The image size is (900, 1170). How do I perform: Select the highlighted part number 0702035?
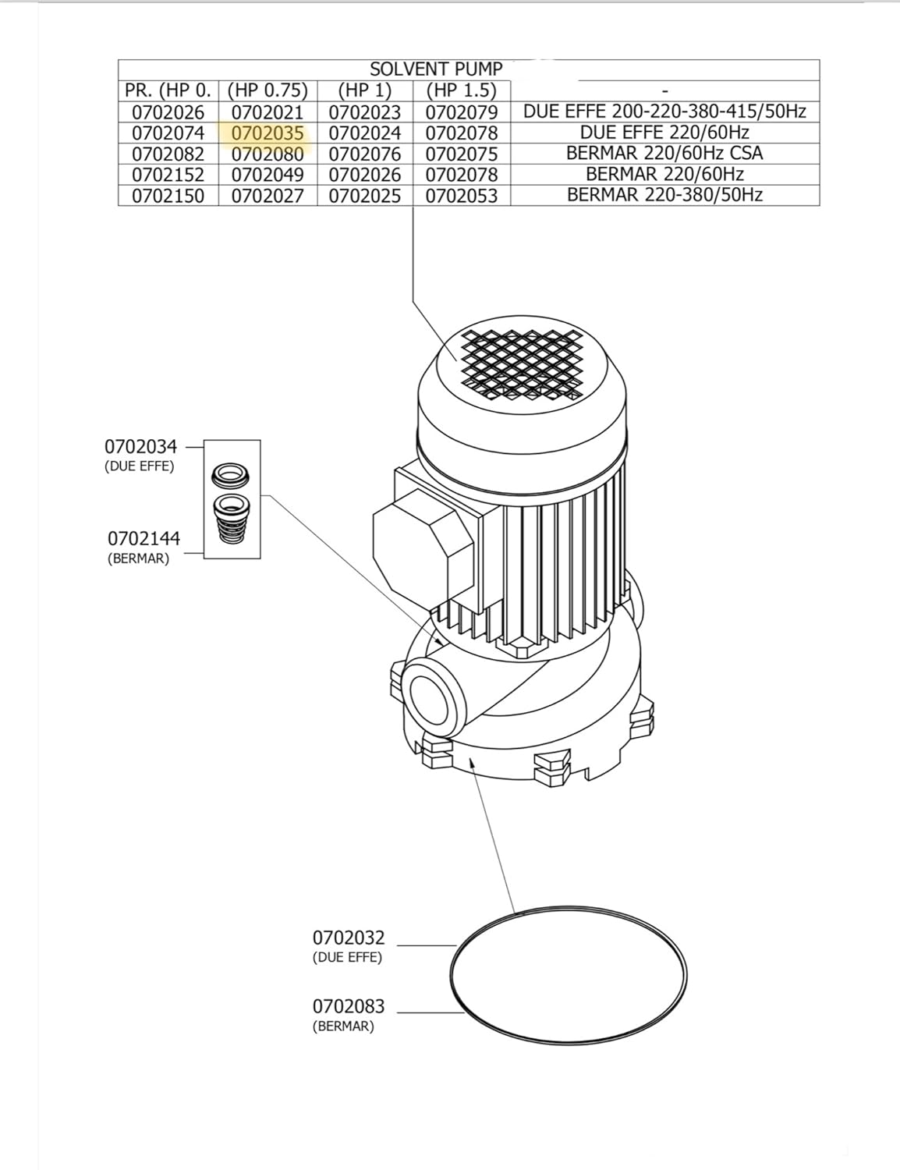[x=268, y=133]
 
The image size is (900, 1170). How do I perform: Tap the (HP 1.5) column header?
[x=461, y=90]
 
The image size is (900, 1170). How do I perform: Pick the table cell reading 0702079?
[x=461, y=112]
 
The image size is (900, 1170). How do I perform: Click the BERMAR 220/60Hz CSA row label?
[x=664, y=154]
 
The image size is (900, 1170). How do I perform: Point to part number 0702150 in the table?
[x=168, y=196]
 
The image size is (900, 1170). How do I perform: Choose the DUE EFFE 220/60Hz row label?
[x=664, y=133]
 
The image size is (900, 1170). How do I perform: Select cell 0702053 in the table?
[x=461, y=196]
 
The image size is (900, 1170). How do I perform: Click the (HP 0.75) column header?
[x=268, y=90]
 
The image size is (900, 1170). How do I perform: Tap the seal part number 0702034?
[x=141, y=447]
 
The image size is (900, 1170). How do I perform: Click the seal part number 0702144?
[x=144, y=539]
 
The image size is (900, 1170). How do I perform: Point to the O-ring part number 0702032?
[x=349, y=938]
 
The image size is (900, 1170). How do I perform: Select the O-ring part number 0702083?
[x=349, y=1006]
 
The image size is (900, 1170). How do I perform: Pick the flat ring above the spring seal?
[x=231, y=474]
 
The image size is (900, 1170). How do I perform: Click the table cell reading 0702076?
[x=364, y=154]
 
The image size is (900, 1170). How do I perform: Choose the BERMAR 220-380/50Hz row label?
[x=664, y=196]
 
